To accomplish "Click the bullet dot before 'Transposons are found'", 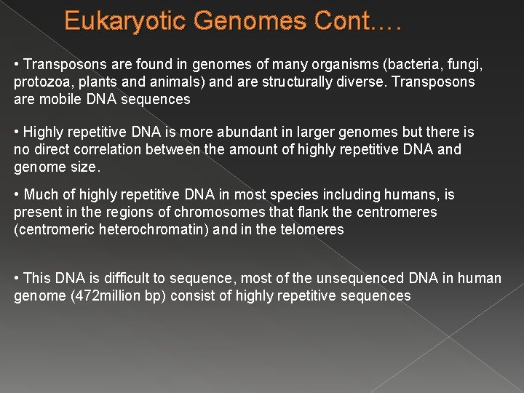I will tap(17, 65).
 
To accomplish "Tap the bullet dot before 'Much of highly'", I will tap(17, 195).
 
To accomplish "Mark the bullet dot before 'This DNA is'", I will tap(17, 279).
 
